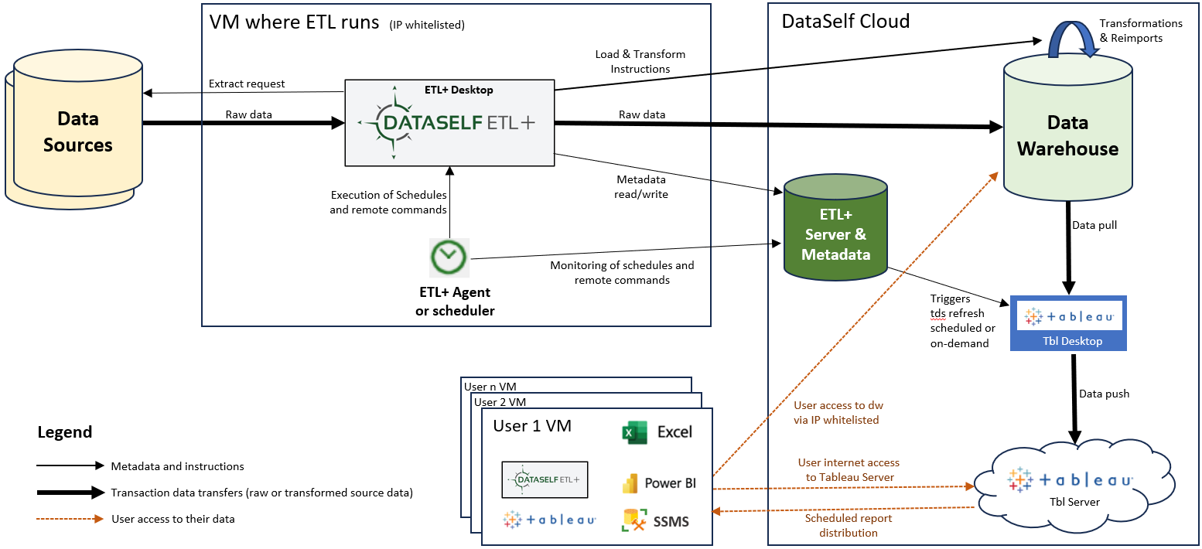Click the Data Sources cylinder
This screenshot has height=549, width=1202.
point(77,131)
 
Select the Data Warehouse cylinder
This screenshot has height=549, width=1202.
point(1067,135)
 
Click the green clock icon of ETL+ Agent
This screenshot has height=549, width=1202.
point(449,257)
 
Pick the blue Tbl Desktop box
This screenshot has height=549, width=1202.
point(1067,323)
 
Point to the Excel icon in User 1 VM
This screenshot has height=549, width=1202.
point(634,431)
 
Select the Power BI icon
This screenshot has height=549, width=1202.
point(630,483)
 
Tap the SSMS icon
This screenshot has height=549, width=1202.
point(634,520)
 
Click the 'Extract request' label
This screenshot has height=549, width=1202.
point(247,84)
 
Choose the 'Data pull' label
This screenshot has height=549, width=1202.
point(1094,225)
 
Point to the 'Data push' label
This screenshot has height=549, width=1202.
point(1104,394)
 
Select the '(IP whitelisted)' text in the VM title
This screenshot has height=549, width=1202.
point(428,25)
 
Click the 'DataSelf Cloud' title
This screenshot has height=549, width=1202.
point(845,21)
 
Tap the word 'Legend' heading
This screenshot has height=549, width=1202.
point(65,432)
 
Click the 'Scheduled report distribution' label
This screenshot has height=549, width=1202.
point(849,525)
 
